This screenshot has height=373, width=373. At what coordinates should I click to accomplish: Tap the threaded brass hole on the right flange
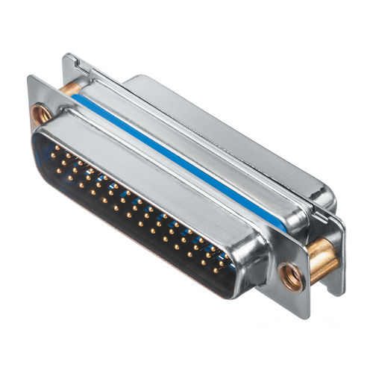tap(292, 277)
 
